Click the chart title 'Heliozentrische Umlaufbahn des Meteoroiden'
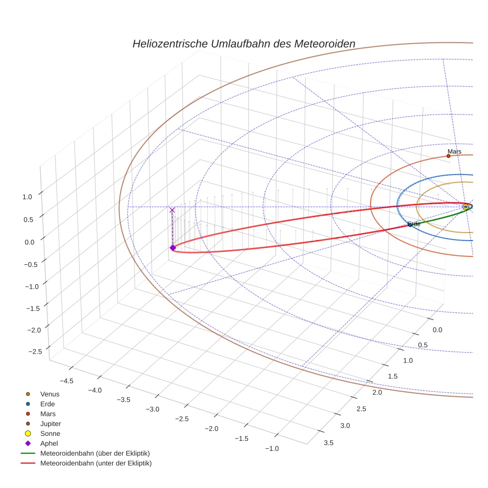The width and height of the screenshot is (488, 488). [244, 44]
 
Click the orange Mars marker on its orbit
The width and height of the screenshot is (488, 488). [448, 156]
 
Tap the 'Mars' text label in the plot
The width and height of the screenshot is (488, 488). [454, 151]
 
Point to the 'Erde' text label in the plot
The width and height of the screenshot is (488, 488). [414, 224]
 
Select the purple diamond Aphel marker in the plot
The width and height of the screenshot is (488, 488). [173, 247]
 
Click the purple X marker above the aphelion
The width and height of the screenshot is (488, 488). [172, 210]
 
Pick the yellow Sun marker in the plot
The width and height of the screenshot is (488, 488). [465, 206]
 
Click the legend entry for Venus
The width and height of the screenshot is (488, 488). [50, 394]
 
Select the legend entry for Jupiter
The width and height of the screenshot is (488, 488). [51, 424]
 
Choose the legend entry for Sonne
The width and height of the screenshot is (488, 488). [50, 433]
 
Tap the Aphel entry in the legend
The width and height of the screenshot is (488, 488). [49, 443]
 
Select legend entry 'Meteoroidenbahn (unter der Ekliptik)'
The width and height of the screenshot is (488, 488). [96, 463]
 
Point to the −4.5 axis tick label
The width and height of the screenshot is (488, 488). [66, 381]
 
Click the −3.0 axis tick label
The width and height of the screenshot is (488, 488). [152, 409]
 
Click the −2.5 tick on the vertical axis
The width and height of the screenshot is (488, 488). [34, 351]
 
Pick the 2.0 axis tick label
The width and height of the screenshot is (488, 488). [377, 393]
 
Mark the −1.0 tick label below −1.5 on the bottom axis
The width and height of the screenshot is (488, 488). [271, 448]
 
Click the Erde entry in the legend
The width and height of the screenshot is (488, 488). [48, 404]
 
